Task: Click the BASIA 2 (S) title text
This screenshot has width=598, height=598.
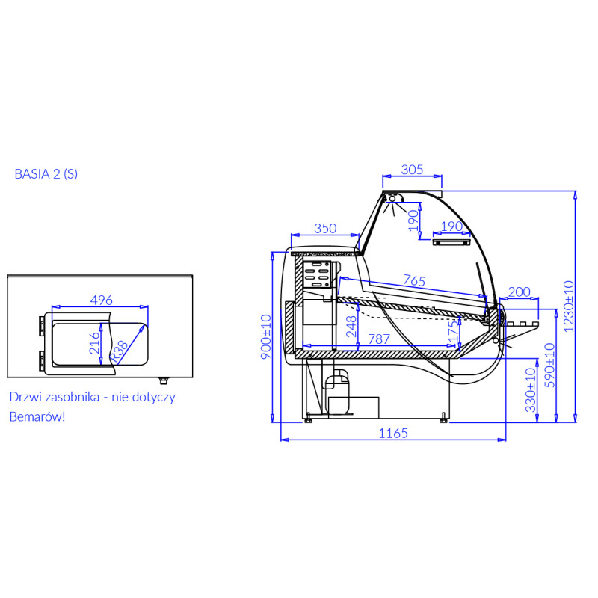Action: click(x=46, y=174)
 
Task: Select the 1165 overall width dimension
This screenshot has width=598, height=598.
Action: click(x=393, y=434)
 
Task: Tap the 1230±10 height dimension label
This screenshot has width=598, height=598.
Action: click(x=568, y=306)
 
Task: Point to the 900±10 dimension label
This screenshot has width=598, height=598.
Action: click(x=266, y=337)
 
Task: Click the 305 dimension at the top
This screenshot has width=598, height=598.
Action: click(x=413, y=170)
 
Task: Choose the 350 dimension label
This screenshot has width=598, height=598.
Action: click(x=325, y=228)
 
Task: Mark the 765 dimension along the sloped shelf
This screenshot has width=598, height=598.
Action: click(x=414, y=280)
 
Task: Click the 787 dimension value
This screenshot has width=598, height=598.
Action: click(x=379, y=339)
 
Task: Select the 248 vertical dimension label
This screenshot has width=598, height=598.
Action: click(x=351, y=327)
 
